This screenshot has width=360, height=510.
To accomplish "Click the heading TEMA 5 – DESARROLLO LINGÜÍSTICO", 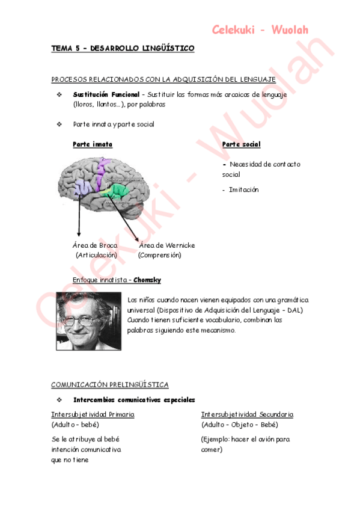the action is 123,48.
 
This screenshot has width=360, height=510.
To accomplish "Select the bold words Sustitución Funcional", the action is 106,94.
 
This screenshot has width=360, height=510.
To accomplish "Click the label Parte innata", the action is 92,144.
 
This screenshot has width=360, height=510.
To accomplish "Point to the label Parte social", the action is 241,144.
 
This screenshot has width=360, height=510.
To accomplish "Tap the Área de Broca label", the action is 94,245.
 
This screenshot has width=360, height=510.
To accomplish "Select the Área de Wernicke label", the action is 166,245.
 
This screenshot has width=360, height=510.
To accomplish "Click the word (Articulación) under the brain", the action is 96,255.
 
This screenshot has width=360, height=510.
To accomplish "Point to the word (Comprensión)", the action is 159,255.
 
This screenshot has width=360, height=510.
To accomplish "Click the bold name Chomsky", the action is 147,280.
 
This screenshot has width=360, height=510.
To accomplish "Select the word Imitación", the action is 243,189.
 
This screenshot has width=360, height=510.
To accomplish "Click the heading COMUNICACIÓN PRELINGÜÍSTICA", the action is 109,384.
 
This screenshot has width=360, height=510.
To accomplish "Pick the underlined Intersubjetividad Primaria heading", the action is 93,414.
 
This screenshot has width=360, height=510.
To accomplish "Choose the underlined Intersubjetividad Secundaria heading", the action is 247,414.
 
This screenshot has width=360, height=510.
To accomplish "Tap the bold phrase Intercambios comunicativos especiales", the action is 134,399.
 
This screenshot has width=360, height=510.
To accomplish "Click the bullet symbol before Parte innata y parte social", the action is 59,124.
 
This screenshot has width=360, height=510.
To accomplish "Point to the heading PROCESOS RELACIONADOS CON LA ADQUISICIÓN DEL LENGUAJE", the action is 163,79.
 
